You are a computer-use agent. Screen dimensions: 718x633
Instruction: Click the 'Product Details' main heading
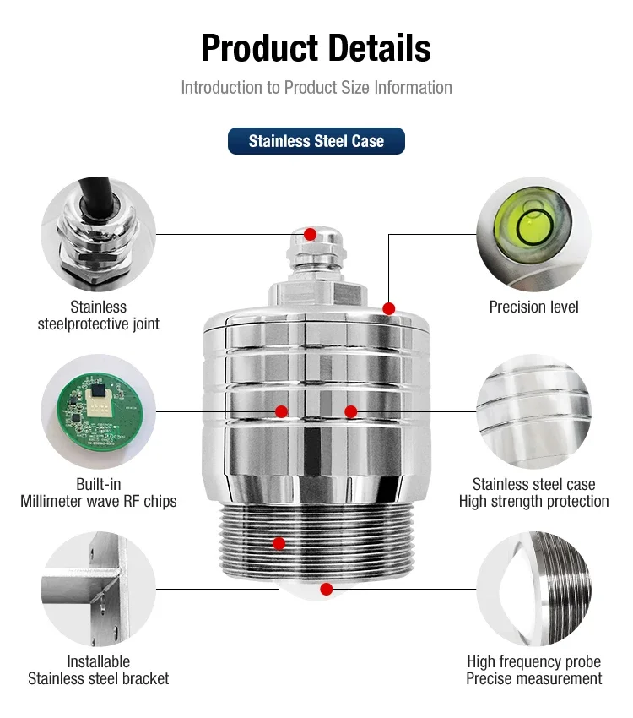(x=316, y=48)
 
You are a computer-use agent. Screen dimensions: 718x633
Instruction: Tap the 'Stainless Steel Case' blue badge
(x=316, y=141)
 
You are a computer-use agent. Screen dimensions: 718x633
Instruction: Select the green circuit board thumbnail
(x=98, y=411)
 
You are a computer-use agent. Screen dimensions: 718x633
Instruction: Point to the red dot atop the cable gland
(x=310, y=234)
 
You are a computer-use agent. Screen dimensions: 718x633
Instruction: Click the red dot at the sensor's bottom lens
(x=327, y=589)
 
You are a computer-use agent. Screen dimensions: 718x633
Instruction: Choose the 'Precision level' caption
(x=533, y=307)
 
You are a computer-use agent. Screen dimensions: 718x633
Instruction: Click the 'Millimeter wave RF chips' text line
(x=99, y=501)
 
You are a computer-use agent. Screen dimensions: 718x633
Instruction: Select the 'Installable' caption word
(x=99, y=661)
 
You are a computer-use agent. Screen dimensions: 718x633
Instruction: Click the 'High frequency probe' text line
(x=533, y=661)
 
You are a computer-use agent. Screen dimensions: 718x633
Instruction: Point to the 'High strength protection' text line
(x=533, y=501)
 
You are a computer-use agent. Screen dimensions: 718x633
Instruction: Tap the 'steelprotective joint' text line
(x=99, y=324)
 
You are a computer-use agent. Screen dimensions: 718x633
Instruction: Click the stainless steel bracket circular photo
(x=98, y=589)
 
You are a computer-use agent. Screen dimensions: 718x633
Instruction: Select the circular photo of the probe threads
(x=533, y=589)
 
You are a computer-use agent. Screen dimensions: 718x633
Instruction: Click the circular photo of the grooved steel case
(x=533, y=411)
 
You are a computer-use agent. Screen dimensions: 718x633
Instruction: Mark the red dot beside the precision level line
(x=389, y=308)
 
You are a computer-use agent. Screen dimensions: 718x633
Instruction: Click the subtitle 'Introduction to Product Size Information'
(x=316, y=88)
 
